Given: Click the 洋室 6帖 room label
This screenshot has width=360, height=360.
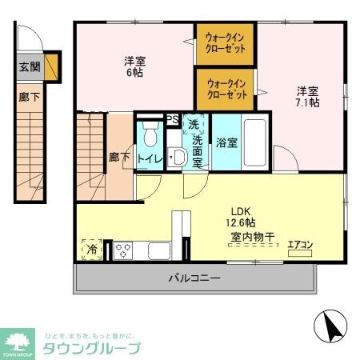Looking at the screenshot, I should click(134, 67).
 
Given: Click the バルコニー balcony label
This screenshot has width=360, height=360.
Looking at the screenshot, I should click(194, 278).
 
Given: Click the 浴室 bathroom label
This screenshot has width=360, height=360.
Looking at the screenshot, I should click(226, 143).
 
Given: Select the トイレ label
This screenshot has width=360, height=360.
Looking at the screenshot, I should click(150, 158).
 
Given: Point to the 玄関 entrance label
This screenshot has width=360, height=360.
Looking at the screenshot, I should click(29, 67).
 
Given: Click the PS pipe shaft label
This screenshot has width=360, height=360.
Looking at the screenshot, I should click(172, 120).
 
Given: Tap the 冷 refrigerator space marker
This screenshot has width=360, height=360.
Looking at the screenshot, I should click(92, 250).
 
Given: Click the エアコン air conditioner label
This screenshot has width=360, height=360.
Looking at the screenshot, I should click(301, 245).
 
